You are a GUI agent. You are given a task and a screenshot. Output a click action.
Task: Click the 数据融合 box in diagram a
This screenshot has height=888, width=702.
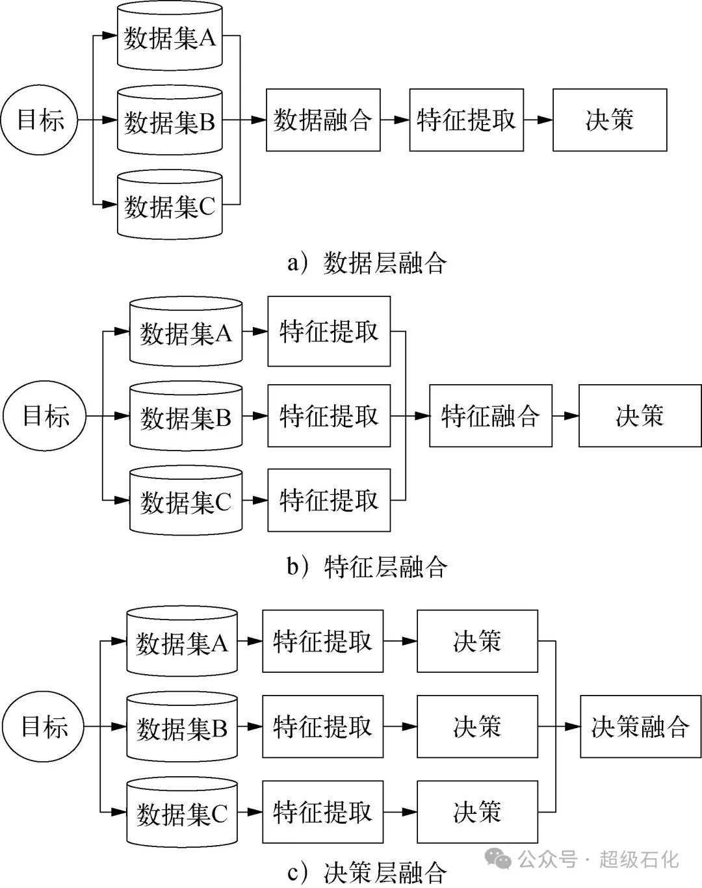[323, 120]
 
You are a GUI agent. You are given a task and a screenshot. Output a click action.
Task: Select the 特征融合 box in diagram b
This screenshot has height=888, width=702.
[491, 415]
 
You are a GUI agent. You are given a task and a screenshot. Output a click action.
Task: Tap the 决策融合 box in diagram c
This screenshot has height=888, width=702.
[640, 726]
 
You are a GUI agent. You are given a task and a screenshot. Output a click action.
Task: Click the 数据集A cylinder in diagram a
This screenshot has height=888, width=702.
[170, 38]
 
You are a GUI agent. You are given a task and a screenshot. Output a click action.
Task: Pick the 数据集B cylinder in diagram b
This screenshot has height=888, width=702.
[186, 417]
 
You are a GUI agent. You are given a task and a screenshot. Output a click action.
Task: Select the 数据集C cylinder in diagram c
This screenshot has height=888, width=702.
[182, 813]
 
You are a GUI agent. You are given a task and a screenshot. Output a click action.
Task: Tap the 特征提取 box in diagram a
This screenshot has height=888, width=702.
[467, 120]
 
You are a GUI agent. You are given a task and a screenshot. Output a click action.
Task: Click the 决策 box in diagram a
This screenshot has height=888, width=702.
[610, 120]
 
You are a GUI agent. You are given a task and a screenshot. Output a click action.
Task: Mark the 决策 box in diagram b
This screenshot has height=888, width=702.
[640, 415]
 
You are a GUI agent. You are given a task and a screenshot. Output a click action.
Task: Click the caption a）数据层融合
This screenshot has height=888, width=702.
[367, 263]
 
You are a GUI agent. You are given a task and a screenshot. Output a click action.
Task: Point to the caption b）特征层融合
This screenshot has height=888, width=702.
[367, 567]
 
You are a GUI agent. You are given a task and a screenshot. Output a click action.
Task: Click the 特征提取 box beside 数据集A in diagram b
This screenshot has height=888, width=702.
[329, 332]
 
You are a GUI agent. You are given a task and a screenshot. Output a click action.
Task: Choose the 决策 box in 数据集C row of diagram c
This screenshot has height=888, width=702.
[477, 812]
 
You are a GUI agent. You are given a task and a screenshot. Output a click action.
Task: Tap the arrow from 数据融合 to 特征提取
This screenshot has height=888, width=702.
[395, 120]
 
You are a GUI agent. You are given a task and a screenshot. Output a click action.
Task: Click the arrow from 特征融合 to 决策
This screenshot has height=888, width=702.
[565, 415]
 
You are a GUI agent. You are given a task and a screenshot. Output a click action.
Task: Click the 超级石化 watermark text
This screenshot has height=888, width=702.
[638, 859]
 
